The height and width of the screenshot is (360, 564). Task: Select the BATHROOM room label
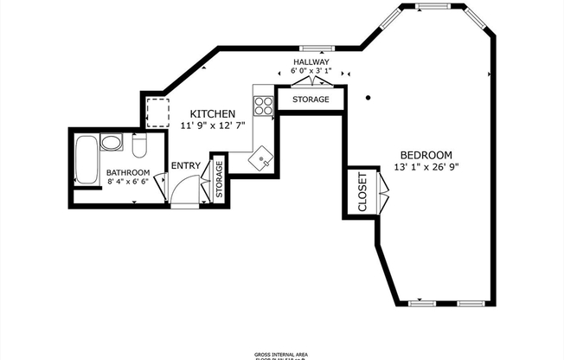point(128,172)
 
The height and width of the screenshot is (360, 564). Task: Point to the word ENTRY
point(185,166)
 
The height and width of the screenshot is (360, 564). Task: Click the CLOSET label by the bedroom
point(362,192)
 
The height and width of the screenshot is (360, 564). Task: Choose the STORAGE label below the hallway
point(310,100)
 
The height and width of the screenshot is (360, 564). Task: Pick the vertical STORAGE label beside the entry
point(219,179)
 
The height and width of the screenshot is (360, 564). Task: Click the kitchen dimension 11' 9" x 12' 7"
point(213,125)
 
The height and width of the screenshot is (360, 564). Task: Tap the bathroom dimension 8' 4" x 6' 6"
point(128,183)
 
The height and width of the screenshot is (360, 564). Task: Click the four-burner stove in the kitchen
point(264,106)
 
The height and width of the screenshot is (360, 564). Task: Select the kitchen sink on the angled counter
point(261,159)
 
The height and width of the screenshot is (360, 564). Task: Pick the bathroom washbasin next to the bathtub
point(112,143)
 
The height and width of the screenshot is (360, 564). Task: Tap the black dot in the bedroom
point(369,97)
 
